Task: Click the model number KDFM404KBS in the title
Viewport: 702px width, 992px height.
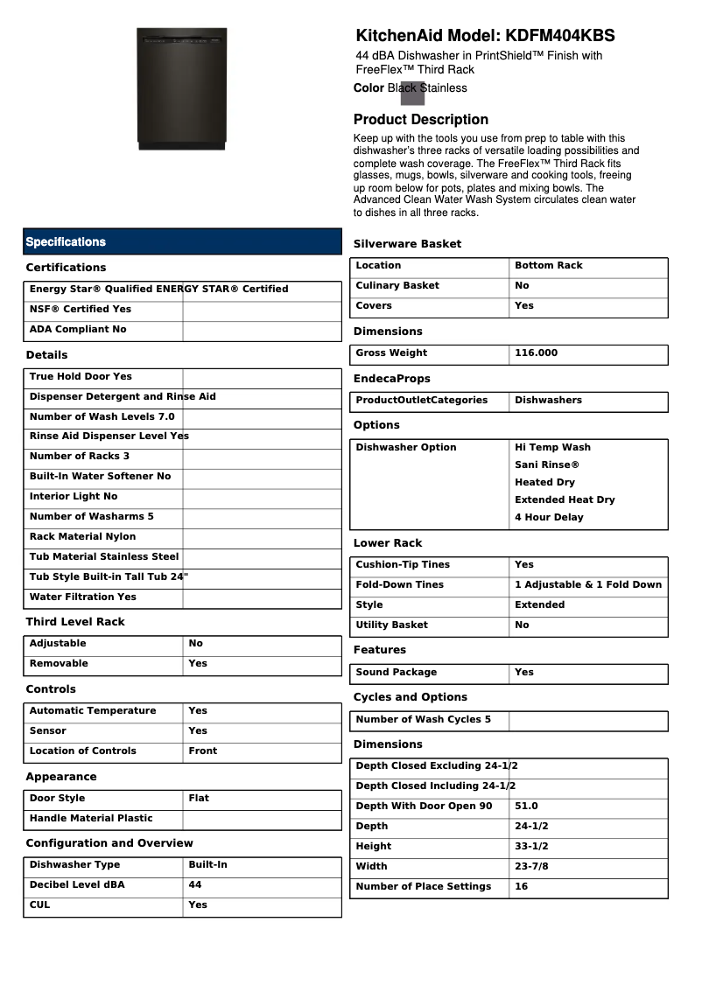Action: click(559, 36)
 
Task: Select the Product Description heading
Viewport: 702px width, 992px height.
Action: click(421, 119)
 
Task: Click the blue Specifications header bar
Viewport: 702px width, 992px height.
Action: click(182, 241)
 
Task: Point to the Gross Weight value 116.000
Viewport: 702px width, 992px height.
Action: click(536, 353)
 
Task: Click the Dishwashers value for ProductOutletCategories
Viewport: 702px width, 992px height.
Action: click(548, 401)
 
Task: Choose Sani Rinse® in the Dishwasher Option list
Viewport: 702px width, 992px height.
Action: click(546, 465)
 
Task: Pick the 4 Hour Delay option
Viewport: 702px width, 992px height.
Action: click(549, 518)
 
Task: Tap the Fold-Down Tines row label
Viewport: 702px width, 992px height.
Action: click(399, 585)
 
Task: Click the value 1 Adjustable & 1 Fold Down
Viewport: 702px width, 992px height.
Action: click(587, 585)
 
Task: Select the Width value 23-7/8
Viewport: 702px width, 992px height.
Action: click(531, 867)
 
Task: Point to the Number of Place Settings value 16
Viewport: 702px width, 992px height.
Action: click(522, 887)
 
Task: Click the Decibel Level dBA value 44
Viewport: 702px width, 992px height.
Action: click(195, 885)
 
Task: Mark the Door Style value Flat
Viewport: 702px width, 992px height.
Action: click(199, 799)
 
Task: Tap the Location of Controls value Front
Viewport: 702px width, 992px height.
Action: click(203, 751)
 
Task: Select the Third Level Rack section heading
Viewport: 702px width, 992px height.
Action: click(75, 622)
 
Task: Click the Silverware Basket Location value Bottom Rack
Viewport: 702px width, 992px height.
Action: click(548, 266)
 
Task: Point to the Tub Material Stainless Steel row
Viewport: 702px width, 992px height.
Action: click(104, 557)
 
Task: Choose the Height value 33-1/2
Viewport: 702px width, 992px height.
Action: click(531, 847)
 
